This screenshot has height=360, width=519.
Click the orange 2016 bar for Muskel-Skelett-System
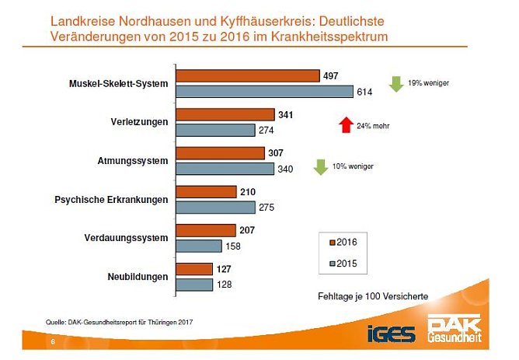pyautogui.click(x=248, y=75)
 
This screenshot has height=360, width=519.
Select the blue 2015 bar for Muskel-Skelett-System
pyautogui.click(x=264, y=91)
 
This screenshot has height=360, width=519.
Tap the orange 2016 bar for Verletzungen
pyautogui.click(x=225, y=114)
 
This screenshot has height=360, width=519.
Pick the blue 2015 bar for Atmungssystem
pyautogui.click(x=225, y=168)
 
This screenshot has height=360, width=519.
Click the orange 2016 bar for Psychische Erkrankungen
pyautogui.click(x=207, y=191)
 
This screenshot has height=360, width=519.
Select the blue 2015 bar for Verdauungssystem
pyautogui.click(x=199, y=246)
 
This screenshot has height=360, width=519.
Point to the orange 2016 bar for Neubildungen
pyautogui.click(x=195, y=269)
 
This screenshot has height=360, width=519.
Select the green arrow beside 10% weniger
pyautogui.click(x=319, y=166)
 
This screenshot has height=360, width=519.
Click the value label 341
pyautogui.click(x=287, y=114)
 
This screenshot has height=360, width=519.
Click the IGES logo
pyautogui.click(x=392, y=334)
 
